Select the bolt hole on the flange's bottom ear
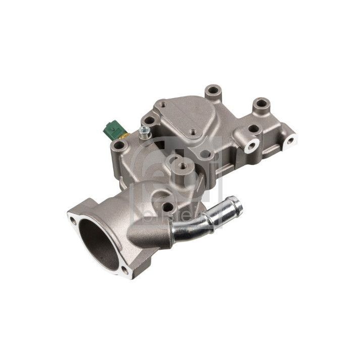click(x=125, y=271)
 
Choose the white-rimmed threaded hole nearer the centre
click(x=250, y=146)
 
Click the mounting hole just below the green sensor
click(x=118, y=146)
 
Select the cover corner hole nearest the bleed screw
click(x=150, y=121)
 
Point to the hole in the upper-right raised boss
click(x=261, y=105)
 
